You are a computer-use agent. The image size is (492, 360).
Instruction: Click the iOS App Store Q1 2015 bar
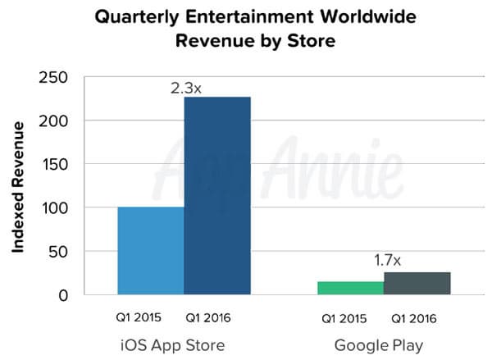(151, 250)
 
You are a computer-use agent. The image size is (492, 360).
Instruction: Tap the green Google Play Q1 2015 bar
(350, 288)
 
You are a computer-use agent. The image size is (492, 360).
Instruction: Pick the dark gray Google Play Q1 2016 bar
(417, 283)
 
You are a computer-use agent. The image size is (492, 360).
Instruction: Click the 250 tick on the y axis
(52, 78)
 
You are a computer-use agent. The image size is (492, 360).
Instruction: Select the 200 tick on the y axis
(52, 121)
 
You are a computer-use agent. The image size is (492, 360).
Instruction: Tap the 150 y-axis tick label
(52, 165)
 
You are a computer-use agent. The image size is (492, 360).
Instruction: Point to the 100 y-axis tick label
(52, 208)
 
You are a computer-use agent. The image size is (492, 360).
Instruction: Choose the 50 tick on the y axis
(57, 252)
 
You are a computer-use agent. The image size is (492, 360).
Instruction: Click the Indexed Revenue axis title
(17, 186)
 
